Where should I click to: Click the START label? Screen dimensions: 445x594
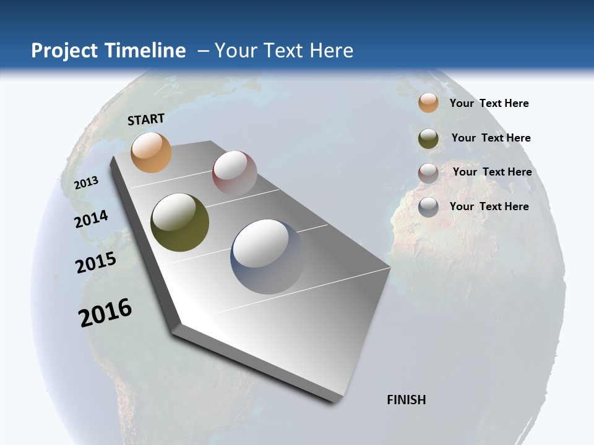pyautogui.click(x=146, y=119)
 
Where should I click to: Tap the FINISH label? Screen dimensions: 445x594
pyautogui.click(x=407, y=400)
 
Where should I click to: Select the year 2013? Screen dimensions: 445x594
pyautogui.click(x=86, y=183)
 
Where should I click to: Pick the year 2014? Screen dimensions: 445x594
pyautogui.click(x=91, y=219)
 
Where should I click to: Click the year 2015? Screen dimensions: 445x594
pyautogui.click(x=95, y=262)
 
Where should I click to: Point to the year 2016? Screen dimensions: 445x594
pyautogui.click(x=105, y=313)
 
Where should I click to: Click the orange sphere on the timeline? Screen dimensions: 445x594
pyautogui.click(x=151, y=152)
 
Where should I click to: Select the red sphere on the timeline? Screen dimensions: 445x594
pyautogui.click(x=235, y=172)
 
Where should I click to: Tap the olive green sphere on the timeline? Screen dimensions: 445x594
pyautogui.click(x=180, y=222)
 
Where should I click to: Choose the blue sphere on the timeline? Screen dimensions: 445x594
pyautogui.click(x=269, y=256)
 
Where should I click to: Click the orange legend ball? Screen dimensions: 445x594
pyautogui.click(x=428, y=103)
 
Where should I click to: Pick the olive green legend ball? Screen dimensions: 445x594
pyautogui.click(x=428, y=138)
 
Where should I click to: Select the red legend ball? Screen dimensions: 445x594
pyautogui.click(x=428, y=173)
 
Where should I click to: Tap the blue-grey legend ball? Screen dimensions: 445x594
pyautogui.click(x=428, y=207)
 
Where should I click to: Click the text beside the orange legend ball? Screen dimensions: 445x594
pyautogui.click(x=489, y=103)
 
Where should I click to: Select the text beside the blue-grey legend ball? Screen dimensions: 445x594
pyautogui.click(x=489, y=206)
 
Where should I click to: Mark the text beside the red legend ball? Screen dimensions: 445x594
pyautogui.click(x=492, y=172)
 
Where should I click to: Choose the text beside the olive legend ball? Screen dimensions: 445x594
pyautogui.click(x=491, y=138)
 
